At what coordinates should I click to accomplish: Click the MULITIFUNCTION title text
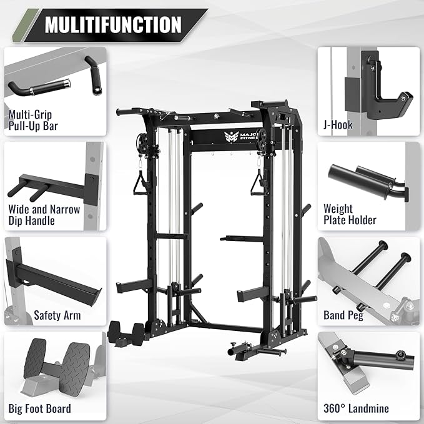pos(113,25)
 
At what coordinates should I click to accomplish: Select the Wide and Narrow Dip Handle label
pos(44,215)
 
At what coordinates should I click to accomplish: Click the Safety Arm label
pos(57,315)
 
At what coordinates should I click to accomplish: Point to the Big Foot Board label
pos(40,409)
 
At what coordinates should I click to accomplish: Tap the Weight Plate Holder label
pos(350,214)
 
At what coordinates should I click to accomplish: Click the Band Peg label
pos(343,315)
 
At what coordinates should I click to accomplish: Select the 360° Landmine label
pos(356,409)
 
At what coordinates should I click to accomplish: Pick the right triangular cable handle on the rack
pos(256,184)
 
